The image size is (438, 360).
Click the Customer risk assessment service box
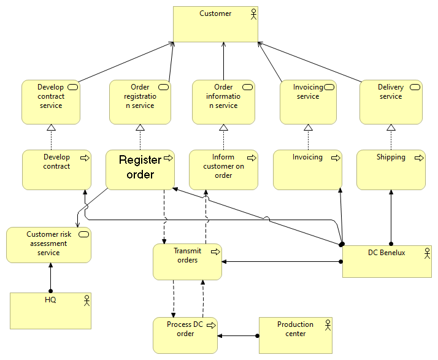tap(48, 245)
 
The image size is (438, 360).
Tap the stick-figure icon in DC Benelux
tap(426, 252)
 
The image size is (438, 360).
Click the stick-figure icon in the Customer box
tap(252, 13)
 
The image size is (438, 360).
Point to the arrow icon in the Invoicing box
tap(336, 158)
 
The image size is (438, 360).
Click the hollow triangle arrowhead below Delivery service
tap(391, 128)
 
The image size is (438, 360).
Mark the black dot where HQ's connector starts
tap(51, 291)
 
